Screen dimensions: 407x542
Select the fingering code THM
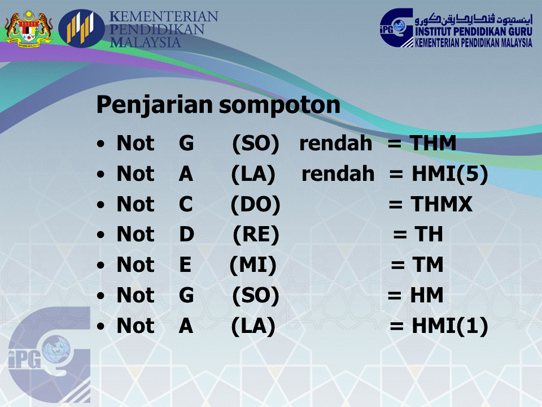pyautogui.click(x=433, y=144)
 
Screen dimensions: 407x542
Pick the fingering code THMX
pyautogui.click(x=442, y=205)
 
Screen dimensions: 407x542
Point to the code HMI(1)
pyautogui.click(x=449, y=326)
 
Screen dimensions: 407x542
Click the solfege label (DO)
pyautogui.click(x=255, y=205)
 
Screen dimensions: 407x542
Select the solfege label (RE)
pyautogui.click(x=256, y=235)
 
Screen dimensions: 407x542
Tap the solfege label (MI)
pyautogui.click(x=253, y=265)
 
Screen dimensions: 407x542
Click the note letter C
pyautogui.click(x=186, y=205)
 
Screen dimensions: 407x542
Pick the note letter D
pyautogui.click(x=187, y=235)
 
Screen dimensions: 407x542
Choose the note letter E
pyautogui.click(x=185, y=265)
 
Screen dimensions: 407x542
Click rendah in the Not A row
pyautogui.click(x=338, y=174)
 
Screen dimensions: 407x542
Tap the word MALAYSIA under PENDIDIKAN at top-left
pyautogui.click(x=146, y=42)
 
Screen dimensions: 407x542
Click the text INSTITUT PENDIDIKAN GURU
pyautogui.click(x=473, y=32)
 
